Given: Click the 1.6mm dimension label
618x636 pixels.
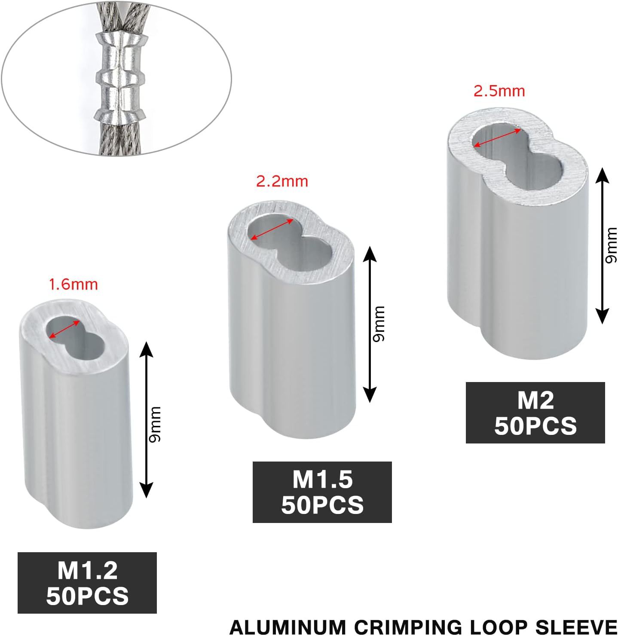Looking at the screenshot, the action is (x=73, y=284).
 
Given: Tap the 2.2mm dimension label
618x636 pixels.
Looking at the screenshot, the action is (x=282, y=181).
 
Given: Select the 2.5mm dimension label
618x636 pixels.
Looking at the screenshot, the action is (x=499, y=91).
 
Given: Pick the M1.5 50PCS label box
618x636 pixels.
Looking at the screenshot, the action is (x=322, y=492).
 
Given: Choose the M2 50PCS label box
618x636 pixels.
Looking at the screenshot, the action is (x=535, y=413).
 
